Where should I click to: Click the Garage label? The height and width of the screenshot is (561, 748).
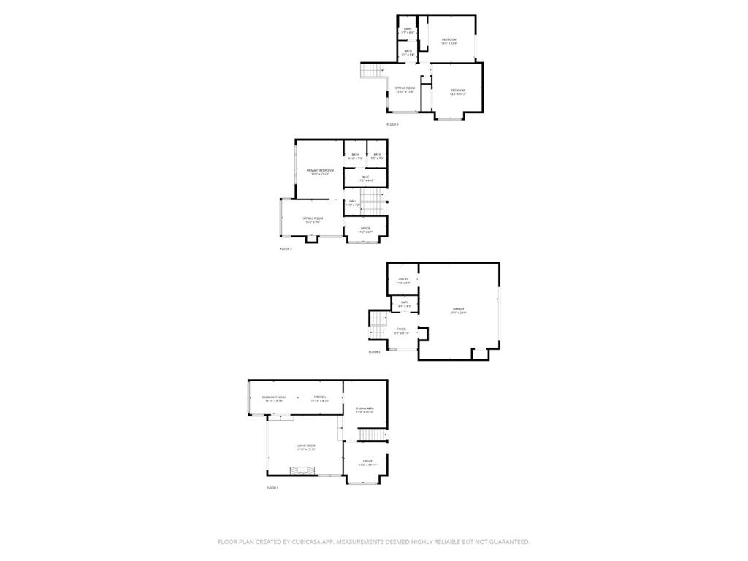[x=458, y=310]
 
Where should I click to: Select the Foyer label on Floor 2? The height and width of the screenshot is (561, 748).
[x=401, y=330]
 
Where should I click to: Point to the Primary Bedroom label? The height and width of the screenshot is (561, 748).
[x=320, y=171]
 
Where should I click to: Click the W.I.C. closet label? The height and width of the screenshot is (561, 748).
[x=365, y=178]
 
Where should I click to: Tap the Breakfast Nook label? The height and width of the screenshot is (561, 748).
[x=274, y=398]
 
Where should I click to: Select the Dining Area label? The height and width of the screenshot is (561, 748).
[x=365, y=409]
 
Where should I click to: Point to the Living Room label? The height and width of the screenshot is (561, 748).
[x=305, y=446]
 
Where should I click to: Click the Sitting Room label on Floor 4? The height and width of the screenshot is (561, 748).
[x=405, y=89]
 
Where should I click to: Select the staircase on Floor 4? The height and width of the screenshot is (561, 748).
[x=373, y=70]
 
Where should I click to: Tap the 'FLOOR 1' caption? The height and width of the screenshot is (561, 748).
[x=272, y=487]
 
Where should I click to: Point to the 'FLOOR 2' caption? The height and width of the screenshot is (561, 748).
[x=374, y=352]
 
